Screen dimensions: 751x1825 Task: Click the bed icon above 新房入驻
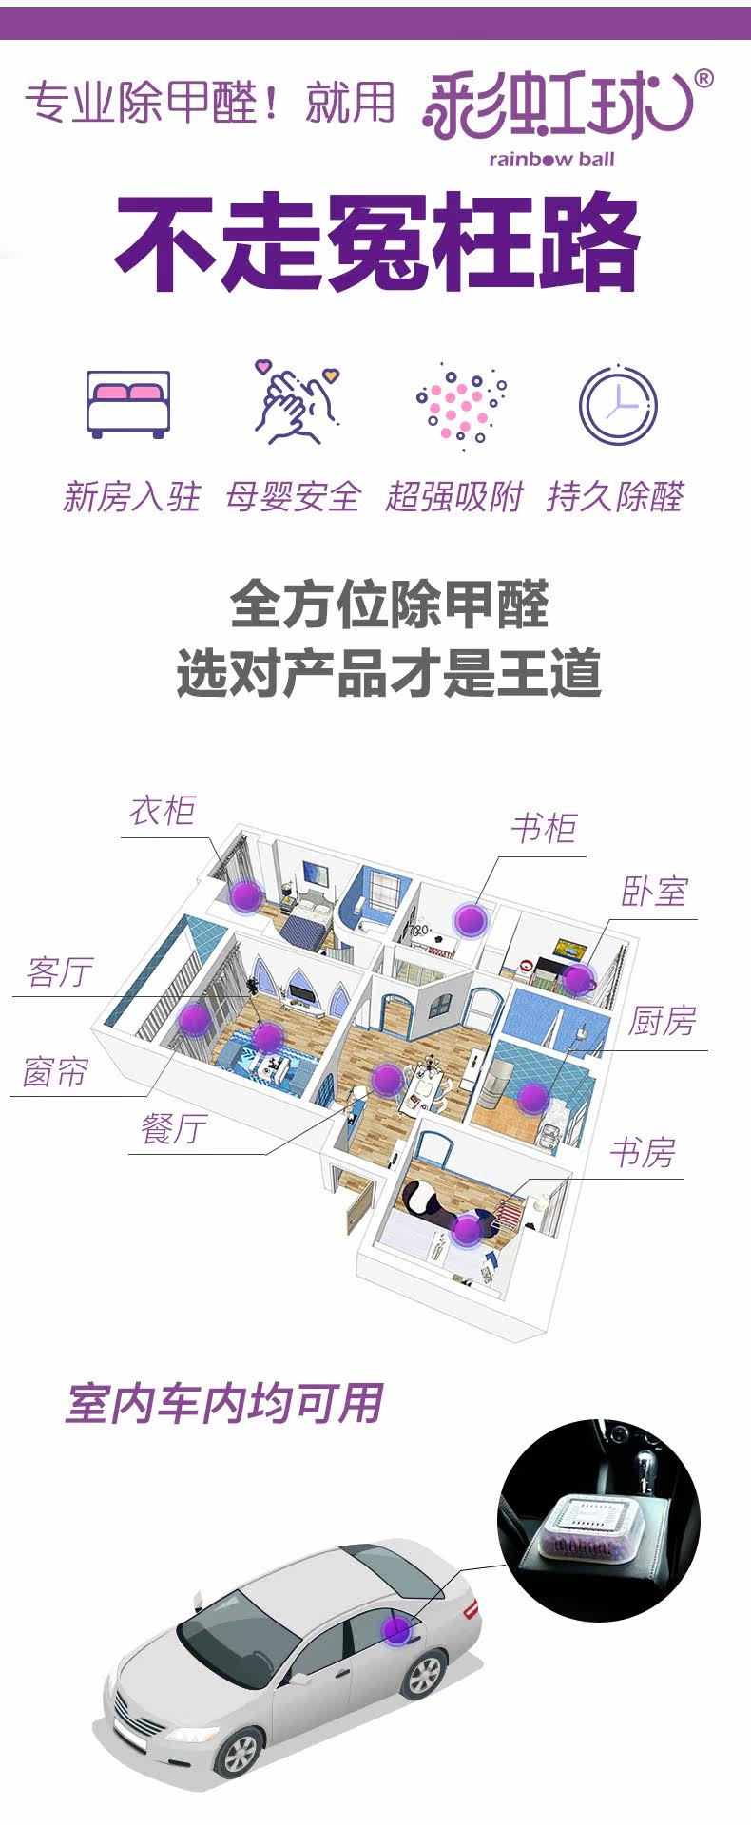coord(128,404)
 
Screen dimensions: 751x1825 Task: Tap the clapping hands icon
coord(296,403)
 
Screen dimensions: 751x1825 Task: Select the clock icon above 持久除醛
coord(618,404)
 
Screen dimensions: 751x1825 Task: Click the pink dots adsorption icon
coord(461,404)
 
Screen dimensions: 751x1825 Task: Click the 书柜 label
coord(544,829)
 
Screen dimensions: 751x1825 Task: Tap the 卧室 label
coord(654,892)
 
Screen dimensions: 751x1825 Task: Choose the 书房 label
coord(643,1153)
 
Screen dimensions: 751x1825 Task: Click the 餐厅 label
coord(174,1129)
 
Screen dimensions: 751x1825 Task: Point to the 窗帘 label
coord(56,1072)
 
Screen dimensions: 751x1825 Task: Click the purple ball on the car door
coord(396,1629)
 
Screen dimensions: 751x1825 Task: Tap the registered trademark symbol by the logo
coord(703,80)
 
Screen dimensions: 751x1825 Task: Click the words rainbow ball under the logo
coord(551,160)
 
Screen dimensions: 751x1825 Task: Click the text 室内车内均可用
coord(224,1403)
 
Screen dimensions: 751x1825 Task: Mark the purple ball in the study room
coord(467,1229)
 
